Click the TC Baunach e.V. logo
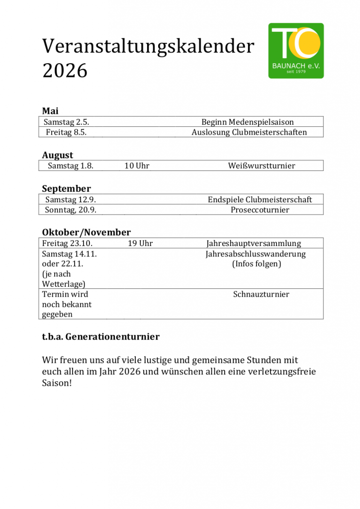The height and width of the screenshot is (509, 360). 296,50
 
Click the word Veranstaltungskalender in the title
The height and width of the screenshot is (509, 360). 148,46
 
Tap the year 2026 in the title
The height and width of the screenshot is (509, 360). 65,71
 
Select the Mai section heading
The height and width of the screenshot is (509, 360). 50,111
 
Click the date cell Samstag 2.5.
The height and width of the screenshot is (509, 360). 66,122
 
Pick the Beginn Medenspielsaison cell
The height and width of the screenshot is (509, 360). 247,122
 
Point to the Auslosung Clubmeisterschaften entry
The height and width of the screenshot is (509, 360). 249,132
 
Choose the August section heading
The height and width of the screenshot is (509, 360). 57,155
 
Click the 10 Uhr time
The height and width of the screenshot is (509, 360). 137,166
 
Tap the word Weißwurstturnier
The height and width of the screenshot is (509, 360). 261,166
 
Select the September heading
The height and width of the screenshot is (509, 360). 66,189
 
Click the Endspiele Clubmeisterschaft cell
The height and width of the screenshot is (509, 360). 260,199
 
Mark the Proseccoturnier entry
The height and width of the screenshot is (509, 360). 260,210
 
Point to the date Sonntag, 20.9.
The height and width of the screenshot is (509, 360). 71,210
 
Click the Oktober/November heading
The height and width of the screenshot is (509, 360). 86,232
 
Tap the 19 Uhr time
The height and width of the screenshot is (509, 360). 140,243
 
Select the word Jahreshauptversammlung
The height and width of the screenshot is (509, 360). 254,243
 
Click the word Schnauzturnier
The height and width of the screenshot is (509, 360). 261,294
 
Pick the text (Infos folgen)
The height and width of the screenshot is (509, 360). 257,264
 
